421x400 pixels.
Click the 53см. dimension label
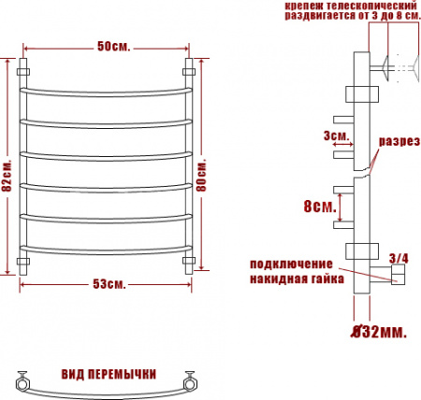(x=110, y=283)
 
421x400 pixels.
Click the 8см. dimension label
(x=319, y=207)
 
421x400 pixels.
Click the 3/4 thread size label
(x=398, y=257)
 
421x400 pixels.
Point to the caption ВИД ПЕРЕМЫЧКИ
(x=108, y=374)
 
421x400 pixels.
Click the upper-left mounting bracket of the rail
(x=25, y=71)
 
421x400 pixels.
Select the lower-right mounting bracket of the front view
(x=190, y=261)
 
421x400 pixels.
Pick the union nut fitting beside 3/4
(x=396, y=274)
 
